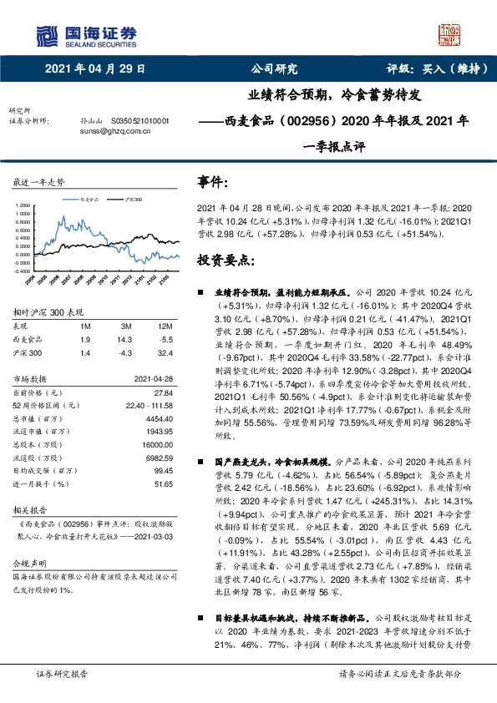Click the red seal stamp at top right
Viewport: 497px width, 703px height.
point(449,34)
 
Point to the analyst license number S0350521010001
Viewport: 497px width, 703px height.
point(134,121)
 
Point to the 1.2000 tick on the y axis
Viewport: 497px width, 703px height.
point(26,212)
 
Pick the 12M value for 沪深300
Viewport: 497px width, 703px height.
point(165,352)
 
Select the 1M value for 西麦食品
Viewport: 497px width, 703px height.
point(86,341)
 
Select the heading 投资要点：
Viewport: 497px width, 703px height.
point(225,261)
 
